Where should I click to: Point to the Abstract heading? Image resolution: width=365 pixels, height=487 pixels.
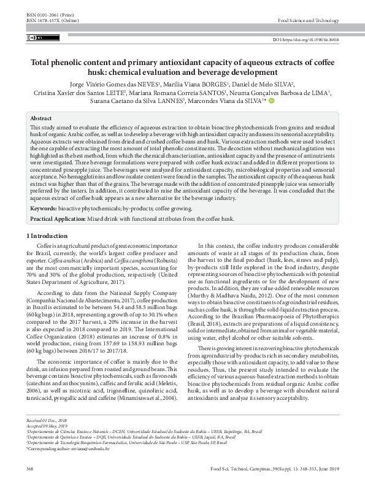click(41, 118)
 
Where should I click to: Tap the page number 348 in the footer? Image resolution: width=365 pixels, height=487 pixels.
click(30, 469)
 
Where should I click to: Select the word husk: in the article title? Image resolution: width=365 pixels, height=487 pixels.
click(129, 71)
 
